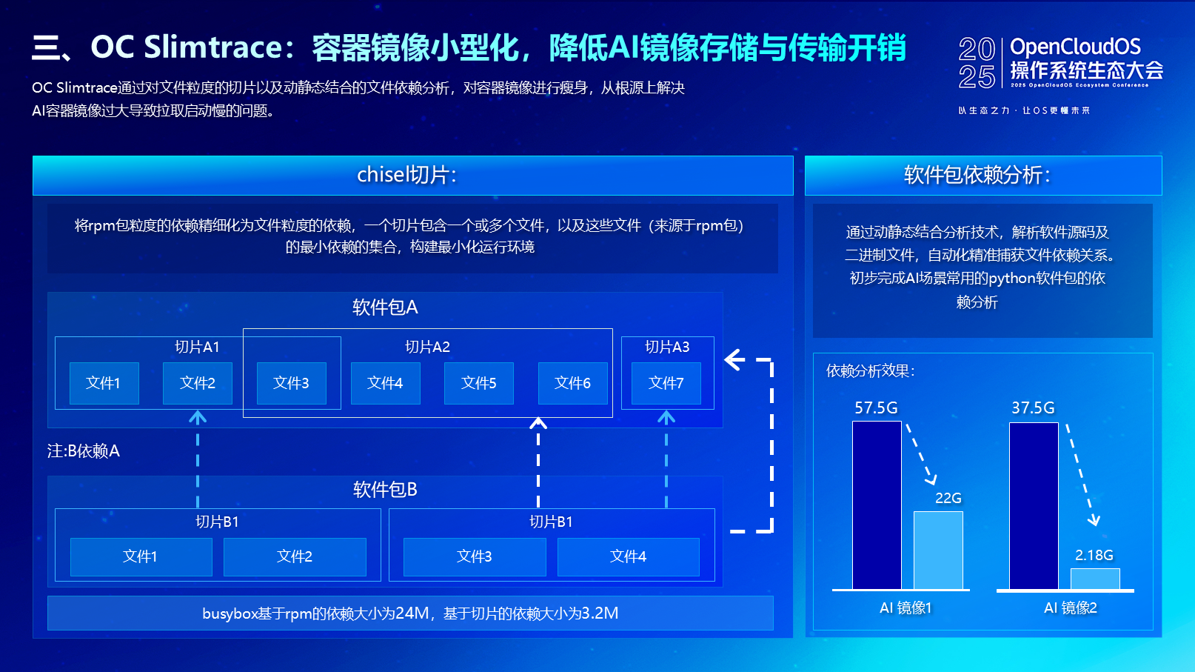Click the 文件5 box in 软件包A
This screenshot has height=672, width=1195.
click(478, 383)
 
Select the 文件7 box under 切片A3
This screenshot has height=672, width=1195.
click(666, 383)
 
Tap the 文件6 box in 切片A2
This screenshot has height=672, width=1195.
click(572, 383)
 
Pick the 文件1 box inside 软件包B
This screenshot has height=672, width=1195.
click(141, 556)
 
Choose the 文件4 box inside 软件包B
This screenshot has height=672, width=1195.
click(628, 556)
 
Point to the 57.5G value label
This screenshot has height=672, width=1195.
click(876, 408)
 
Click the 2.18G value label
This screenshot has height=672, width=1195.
click(1094, 555)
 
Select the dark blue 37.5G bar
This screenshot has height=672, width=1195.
click(1034, 506)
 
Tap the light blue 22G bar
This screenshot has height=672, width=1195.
click(938, 550)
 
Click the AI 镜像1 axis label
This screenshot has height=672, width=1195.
click(906, 608)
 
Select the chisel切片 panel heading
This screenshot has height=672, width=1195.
click(406, 175)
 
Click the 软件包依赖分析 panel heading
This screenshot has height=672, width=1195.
click(977, 175)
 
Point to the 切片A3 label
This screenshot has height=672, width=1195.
click(667, 347)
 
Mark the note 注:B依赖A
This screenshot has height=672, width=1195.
click(84, 450)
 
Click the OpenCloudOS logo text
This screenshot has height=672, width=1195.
click(1075, 47)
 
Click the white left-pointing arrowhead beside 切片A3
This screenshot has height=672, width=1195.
click(734, 360)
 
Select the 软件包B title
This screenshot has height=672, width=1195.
click(385, 490)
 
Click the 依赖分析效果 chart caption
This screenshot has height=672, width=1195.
click(871, 371)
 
